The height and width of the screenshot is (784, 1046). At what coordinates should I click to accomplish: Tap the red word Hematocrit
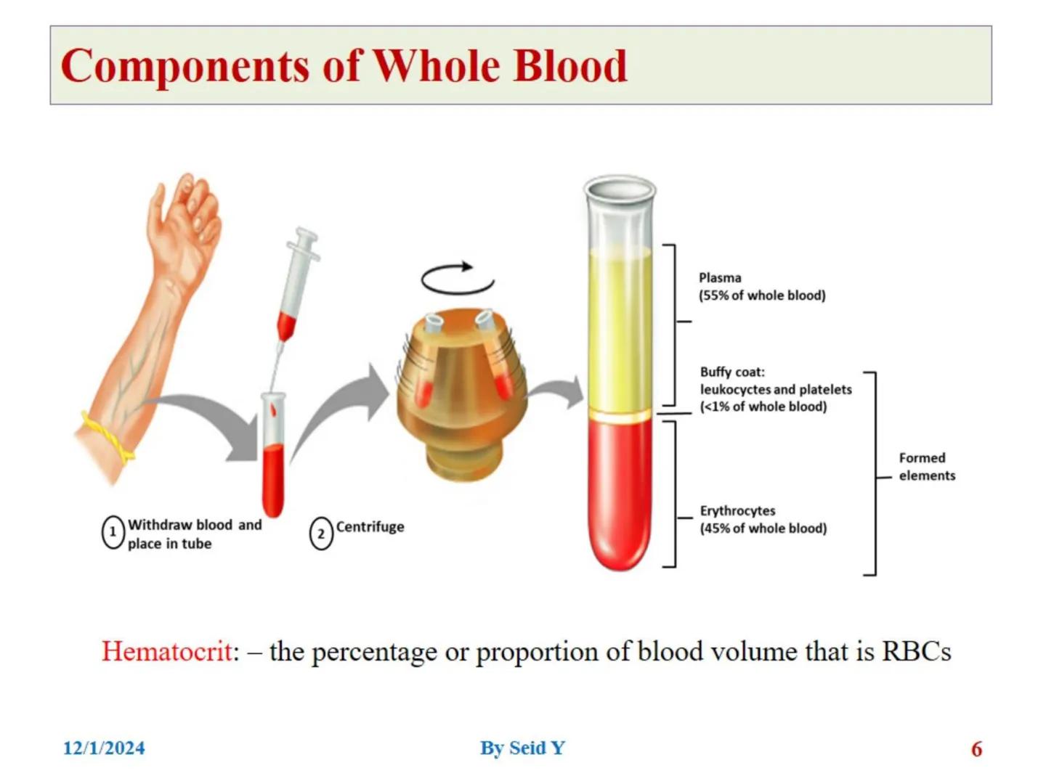169,651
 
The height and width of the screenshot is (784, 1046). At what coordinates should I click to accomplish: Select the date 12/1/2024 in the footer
104,748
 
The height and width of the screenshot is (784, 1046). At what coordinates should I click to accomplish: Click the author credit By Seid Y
522,748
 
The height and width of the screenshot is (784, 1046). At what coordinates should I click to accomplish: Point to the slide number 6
976,749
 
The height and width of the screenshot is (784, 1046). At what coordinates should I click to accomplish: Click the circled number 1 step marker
113,533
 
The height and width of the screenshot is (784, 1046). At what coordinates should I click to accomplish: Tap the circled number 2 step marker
321,534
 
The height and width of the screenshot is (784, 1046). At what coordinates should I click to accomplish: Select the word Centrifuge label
370,527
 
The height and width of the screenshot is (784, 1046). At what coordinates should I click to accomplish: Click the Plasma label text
720,278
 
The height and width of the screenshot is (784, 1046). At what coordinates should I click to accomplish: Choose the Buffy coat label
732,372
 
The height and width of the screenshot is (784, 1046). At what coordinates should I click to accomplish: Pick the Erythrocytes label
737,511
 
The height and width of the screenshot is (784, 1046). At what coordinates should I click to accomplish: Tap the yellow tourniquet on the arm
108,438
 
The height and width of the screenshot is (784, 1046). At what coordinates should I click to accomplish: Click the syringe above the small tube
296,283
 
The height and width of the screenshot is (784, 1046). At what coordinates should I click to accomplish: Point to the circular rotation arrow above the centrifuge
457,278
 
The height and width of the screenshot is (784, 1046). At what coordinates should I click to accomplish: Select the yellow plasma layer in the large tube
620,327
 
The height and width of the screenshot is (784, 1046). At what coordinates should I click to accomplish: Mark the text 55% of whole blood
762,295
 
